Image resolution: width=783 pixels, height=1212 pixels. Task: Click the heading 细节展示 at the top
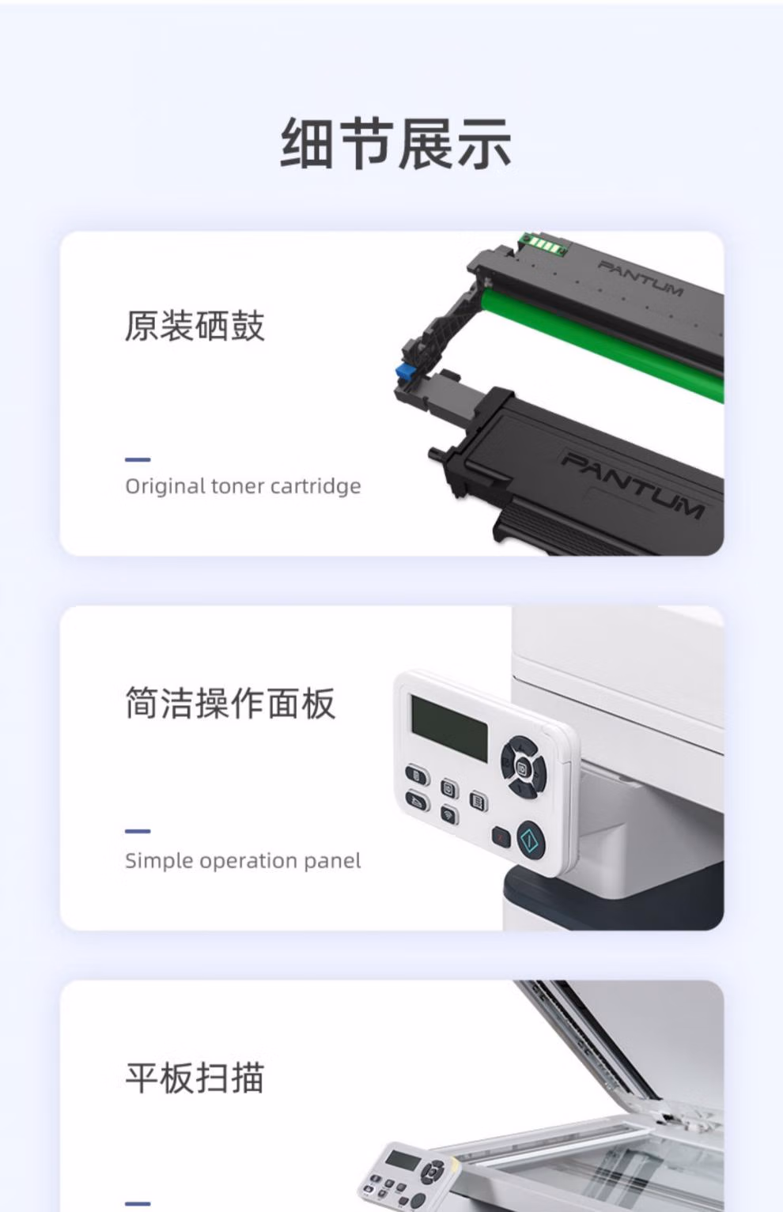click(395, 144)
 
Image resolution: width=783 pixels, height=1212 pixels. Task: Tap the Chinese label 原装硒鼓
click(195, 326)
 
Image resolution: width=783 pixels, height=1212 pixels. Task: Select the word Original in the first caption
click(165, 487)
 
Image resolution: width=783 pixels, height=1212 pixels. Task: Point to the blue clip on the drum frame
click(404, 371)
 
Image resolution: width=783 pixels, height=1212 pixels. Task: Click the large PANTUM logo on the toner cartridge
click(633, 486)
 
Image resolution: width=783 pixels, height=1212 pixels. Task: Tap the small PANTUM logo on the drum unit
click(641, 278)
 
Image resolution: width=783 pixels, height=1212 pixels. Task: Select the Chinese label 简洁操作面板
click(230, 703)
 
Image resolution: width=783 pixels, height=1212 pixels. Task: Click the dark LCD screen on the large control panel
click(449, 723)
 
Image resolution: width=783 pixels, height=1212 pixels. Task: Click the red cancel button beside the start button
click(501, 837)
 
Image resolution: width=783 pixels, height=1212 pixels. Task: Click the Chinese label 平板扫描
click(195, 1078)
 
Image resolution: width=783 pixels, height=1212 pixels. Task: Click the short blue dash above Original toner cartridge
click(138, 459)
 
